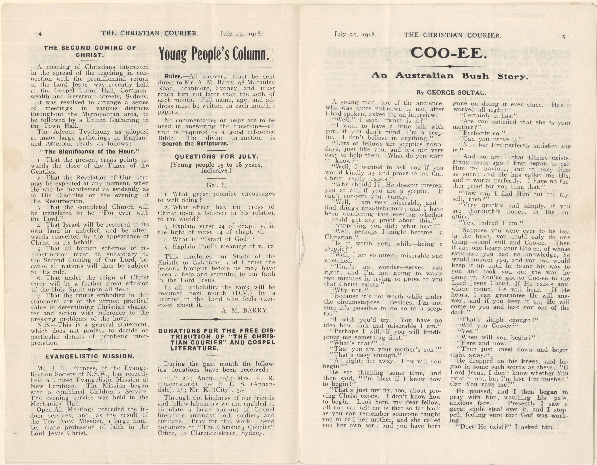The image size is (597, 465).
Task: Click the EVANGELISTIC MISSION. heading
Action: [x=90, y=356]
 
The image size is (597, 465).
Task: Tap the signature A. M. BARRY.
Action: [x=245, y=310]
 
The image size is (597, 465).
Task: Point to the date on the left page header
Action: [x=241, y=34]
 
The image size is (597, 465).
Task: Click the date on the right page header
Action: [x=355, y=35]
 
